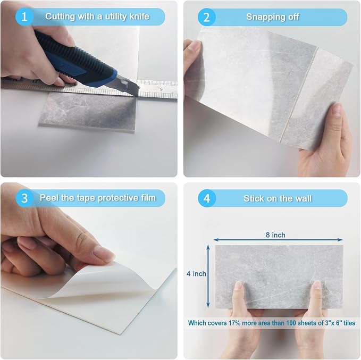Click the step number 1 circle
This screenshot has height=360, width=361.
(x=24, y=16)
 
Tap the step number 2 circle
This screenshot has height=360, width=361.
(x=206, y=17)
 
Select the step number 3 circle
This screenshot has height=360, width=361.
(x=24, y=198)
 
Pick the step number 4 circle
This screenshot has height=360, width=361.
(x=207, y=198)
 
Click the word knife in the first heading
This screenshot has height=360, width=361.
(x=139, y=16)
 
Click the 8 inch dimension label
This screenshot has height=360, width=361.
(x=275, y=235)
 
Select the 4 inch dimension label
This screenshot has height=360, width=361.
(x=196, y=274)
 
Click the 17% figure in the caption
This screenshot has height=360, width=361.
(x=234, y=323)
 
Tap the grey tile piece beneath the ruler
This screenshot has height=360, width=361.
(x=88, y=111)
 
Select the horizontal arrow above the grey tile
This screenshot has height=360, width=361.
(x=278, y=240)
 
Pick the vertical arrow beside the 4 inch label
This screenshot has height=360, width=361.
(x=208, y=276)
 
